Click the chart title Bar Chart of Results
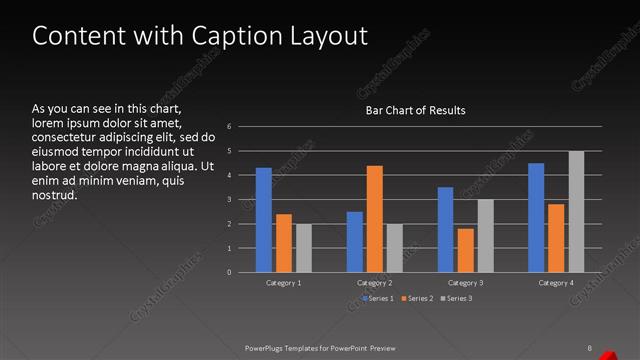tap(416, 110)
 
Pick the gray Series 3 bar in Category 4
tap(576, 212)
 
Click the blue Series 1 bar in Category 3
tap(445, 230)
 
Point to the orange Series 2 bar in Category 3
tap(465, 250)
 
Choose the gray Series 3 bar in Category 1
tap(304, 248)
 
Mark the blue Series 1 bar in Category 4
tap(536, 218)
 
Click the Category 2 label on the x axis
tap(375, 284)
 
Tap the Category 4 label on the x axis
tap(556, 284)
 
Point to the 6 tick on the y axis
tap(230, 127)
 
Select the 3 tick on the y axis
tap(230, 200)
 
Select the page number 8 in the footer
tap(590, 348)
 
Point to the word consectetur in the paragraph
tap(67, 137)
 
